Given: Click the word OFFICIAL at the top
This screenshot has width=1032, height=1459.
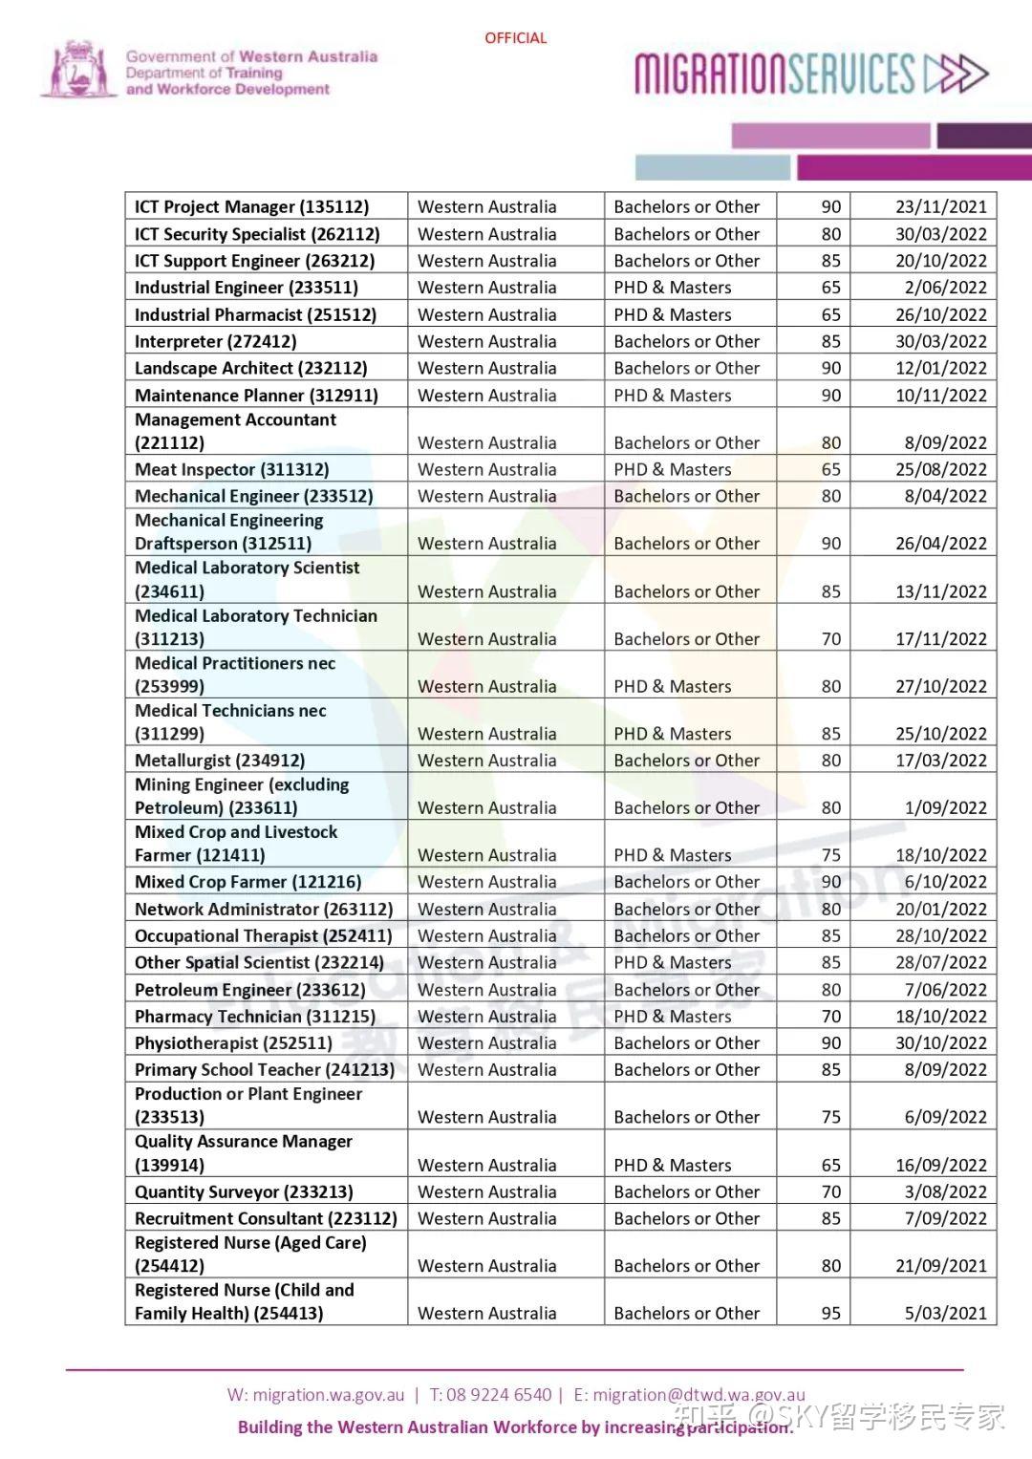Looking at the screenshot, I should click(x=515, y=38).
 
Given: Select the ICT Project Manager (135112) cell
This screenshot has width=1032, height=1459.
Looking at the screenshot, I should click(x=251, y=206).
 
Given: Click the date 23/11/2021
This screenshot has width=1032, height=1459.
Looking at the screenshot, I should click(x=940, y=206).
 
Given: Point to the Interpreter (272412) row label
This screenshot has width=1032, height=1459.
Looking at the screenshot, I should click(x=216, y=341).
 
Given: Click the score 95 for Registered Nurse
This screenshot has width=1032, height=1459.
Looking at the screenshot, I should click(x=831, y=1313).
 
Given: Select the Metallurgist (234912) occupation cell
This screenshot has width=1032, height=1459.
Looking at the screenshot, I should click(x=220, y=761).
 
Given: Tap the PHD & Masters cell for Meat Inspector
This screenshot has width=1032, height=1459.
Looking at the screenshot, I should click(x=673, y=469).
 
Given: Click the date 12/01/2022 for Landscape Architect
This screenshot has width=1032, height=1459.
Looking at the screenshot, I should click(x=940, y=368).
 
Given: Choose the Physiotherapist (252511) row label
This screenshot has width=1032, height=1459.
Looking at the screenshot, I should click(x=233, y=1043).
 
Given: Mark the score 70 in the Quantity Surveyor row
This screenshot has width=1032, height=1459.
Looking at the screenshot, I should click(x=831, y=1191).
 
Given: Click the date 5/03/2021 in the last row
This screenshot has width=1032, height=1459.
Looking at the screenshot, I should click(x=945, y=1313).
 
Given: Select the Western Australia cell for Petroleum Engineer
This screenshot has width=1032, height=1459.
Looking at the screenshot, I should click(x=486, y=990).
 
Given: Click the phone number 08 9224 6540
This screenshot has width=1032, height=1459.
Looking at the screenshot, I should click(x=499, y=1395).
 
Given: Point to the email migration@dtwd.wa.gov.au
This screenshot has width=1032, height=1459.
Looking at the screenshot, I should click(x=699, y=1395).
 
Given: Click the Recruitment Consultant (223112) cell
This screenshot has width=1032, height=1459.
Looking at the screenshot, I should click(x=266, y=1218).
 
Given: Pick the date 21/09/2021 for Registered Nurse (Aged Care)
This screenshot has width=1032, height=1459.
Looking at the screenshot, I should click(x=940, y=1266).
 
